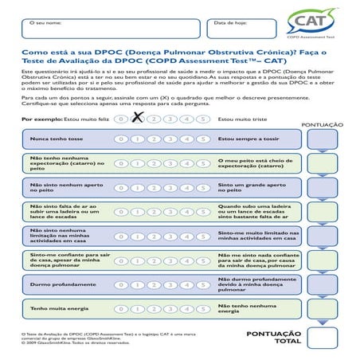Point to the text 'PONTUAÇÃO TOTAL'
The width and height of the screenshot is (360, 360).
coord(275,337)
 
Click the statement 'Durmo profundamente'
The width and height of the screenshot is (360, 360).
coord(57,284)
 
